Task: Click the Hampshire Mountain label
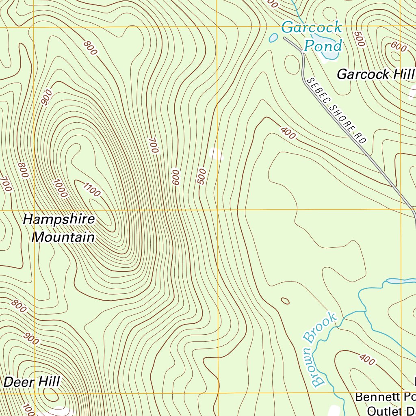[x=59, y=228]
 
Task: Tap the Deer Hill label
[x=32, y=382]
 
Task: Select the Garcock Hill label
[x=375, y=74]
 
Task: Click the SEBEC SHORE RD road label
[x=336, y=110]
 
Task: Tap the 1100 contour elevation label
[x=91, y=190]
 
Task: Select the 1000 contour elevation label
[x=60, y=188]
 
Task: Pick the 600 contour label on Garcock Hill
[x=398, y=47]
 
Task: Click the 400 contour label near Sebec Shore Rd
[x=288, y=133]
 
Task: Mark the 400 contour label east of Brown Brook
[x=367, y=359]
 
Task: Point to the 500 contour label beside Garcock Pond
[x=359, y=39]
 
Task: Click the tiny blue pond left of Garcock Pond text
[x=273, y=38]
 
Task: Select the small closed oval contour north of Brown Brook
[x=285, y=301]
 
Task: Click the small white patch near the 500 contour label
[x=216, y=154]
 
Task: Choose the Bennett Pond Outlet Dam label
[x=386, y=402]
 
